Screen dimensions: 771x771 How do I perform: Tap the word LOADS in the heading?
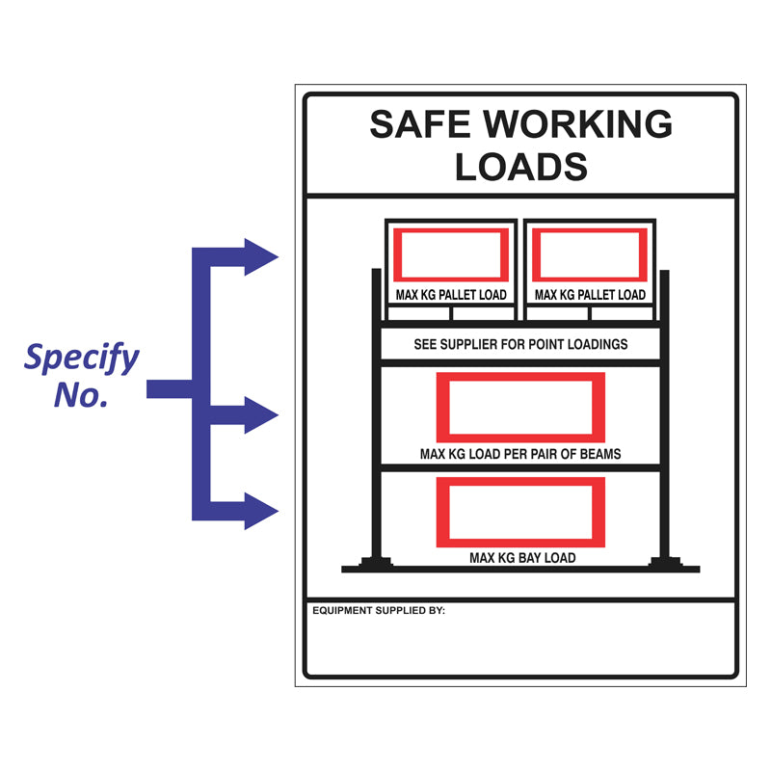pyautogui.click(x=520, y=168)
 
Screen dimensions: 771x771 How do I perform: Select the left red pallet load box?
pyautogui.click(x=451, y=255)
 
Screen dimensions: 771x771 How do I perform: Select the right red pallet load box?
pyautogui.click(x=590, y=255)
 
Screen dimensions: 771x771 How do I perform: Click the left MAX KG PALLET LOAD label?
pyautogui.click(x=451, y=295)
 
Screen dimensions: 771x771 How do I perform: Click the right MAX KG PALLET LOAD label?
pyautogui.click(x=590, y=295)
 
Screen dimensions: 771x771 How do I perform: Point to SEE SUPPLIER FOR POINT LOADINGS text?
pyautogui.click(x=520, y=344)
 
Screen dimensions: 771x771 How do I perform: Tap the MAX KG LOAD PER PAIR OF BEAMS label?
pyautogui.click(x=520, y=454)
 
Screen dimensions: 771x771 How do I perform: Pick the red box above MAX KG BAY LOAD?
pyautogui.click(x=520, y=511)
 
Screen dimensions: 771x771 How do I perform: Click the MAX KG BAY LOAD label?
pyautogui.click(x=521, y=557)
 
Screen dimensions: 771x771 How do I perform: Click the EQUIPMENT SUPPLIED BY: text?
pyautogui.click(x=379, y=610)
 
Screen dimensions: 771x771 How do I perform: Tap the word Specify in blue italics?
pyautogui.click(x=82, y=359)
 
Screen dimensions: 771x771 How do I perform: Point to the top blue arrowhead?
pyautogui.click(x=259, y=256)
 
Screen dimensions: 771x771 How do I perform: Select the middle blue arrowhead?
pyautogui.click(x=259, y=414)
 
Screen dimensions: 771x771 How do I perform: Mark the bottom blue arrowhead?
pyautogui.click(x=259, y=510)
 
